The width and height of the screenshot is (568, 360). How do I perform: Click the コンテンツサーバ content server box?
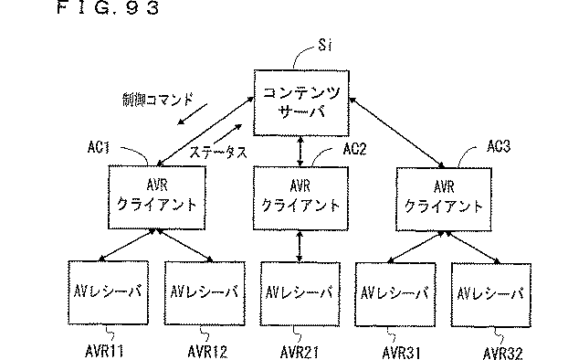300,102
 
